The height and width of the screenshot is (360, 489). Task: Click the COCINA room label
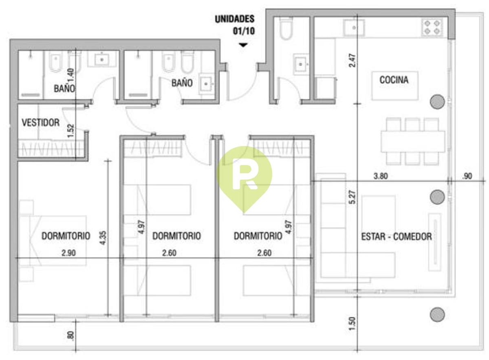click(x=394, y=80)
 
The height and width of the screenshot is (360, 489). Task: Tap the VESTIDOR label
click(x=41, y=123)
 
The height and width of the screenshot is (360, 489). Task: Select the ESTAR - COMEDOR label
click(x=396, y=237)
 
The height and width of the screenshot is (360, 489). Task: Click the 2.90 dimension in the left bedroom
click(x=68, y=253)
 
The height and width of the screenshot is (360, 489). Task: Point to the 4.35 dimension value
click(x=103, y=238)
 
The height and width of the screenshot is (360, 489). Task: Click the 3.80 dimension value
click(x=381, y=176)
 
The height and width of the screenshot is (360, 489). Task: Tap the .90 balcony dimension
click(x=467, y=176)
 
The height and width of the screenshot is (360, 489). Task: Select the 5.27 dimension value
click(x=352, y=197)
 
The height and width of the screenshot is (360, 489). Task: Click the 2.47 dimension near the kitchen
click(x=352, y=61)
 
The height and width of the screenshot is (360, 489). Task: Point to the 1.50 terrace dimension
click(x=352, y=324)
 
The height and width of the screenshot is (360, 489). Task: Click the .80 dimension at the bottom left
click(x=71, y=336)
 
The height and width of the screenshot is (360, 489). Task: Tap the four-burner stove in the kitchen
click(x=432, y=27)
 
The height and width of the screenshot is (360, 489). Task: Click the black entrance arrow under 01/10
click(x=243, y=45)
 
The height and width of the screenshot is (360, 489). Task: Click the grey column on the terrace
click(x=437, y=314)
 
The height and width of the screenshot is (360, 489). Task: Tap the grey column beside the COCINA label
click(x=437, y=102)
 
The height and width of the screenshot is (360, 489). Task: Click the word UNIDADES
click(x=235, y=19)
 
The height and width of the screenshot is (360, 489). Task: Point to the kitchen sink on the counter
click(x=354, y=28)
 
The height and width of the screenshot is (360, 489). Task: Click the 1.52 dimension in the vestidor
click(x=71, y=131)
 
